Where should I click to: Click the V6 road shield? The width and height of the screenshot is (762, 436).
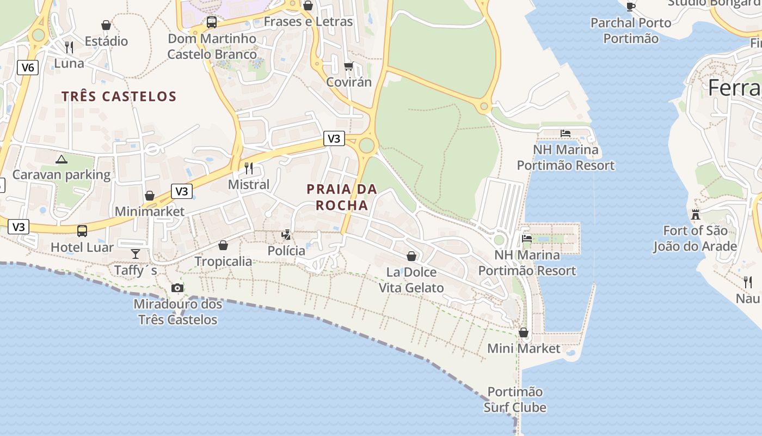click(27, 68)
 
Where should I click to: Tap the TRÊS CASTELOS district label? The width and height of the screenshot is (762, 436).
click(119, 96)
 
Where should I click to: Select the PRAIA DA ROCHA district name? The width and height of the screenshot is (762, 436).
click(342, 197)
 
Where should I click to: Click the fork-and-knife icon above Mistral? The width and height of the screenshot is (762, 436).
click(249, 168)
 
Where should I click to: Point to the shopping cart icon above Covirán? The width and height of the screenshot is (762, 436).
click(348, 66)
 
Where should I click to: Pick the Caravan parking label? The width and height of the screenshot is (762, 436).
click(62, 175)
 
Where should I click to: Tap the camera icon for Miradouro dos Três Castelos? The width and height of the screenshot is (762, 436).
click(177, 288)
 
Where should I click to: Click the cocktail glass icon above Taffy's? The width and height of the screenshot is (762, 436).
click(135, 253)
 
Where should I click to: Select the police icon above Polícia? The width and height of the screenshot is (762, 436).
click(286, 235)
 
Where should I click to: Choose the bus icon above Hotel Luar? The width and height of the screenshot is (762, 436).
click(82, 231)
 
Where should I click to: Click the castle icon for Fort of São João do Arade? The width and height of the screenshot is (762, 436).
click(695, 215)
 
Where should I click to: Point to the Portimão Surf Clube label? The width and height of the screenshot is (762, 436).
click(515, 399)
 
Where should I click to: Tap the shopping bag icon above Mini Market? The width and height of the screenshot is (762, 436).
click(524, 332)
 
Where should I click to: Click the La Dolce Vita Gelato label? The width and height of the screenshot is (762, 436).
click(411, 280)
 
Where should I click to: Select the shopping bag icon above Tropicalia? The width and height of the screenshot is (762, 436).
click(223, 245)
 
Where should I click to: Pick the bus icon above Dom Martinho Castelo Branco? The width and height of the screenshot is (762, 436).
click(212, 23)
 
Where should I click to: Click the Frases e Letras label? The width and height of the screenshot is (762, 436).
click(308, 22)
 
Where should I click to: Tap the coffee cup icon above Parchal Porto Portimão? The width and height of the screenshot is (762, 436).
click(631, 7)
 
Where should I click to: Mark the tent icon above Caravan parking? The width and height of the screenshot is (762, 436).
click(62, 159)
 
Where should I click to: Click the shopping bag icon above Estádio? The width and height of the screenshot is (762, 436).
click(106, 25)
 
